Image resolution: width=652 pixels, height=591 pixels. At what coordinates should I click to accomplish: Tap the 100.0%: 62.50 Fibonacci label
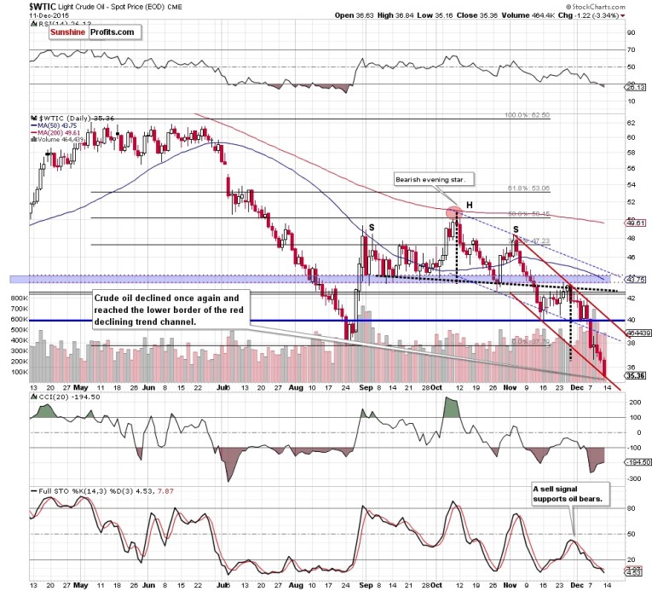tap(528, 114)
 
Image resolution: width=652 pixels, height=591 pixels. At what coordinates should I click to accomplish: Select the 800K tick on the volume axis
tap(16, 298)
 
